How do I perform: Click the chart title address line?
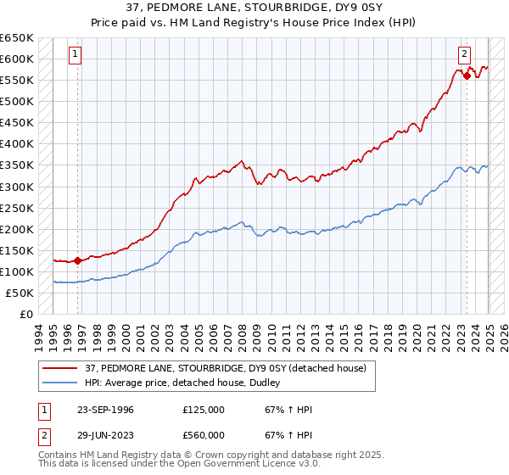[x=255, y=8]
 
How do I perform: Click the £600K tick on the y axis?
[x=17, y=59]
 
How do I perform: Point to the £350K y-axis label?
[x=17, y=165]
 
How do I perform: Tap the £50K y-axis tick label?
[x=20, y=293]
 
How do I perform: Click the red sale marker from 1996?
[x=77, y=260]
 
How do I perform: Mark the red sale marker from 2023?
[x=467, y=75]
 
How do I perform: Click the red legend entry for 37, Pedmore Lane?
[x=225, y=368]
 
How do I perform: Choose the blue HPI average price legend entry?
[x=187, y=383]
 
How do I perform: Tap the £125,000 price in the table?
[x=203, y=410]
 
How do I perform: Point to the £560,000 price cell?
[x=203, y=434]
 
